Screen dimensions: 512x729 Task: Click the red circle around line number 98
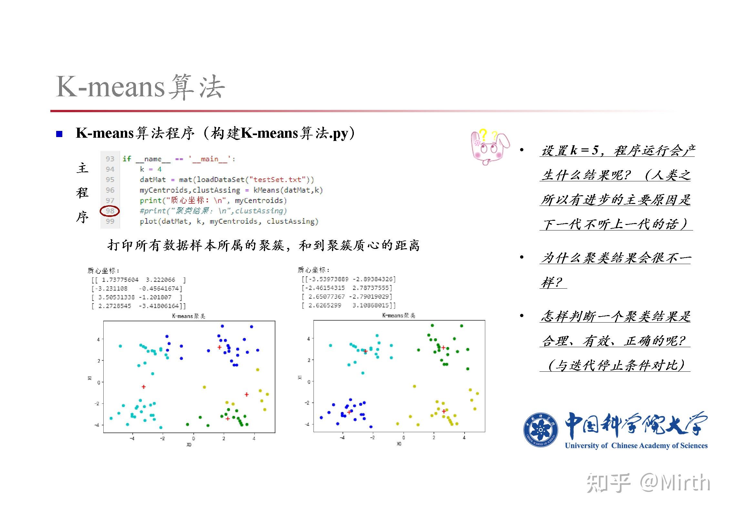pyautogui.click(x=110, y=211)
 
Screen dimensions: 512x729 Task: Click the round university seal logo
pyautogui.click(x=540, y=430)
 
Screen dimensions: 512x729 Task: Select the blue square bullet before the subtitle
pyautogui.click(x=59, y=134)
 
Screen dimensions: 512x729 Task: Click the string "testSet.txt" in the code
pyautogui.click(x=277, y=180)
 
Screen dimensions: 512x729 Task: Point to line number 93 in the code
pyautogui.click(x=110, y=159)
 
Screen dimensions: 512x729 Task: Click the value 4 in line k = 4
pyautogui.click(x=159, y=169)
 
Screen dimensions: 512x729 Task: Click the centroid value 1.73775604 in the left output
pyautogui.click(x=120, y=280)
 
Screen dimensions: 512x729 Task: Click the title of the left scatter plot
pyautogui.click(x=189, y=316)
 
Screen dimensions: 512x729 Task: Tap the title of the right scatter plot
pyautogui.click(x=399, y=315)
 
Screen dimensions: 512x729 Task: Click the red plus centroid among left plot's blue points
pyautogui.click(x=220, y=347)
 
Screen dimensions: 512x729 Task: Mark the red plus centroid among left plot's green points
pyautogui.click(x=228, y=419)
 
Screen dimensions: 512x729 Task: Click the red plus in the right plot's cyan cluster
pyautogui.click(x=365, y=351)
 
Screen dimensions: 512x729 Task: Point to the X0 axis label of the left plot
pyautogui.click(x=189, y=445)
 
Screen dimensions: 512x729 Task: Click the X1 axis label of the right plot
pyautogui.click(x=300, y=377)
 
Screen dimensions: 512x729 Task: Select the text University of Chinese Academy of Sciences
pyautogui.click(x=636, y=446)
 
